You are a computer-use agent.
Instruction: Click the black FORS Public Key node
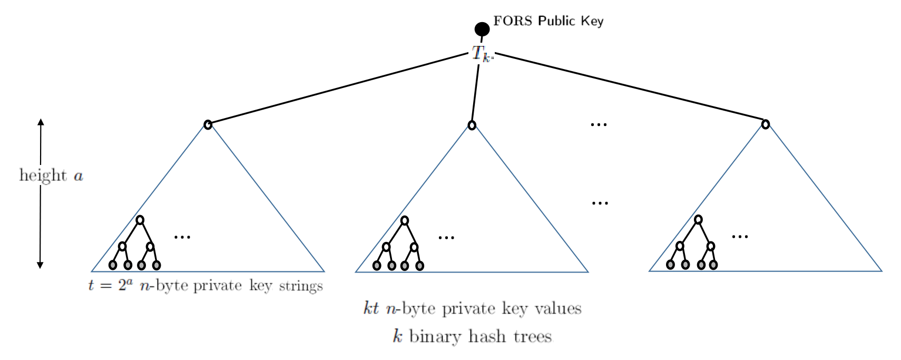click(482, 29)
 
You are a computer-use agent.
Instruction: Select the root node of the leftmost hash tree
click(208, 124)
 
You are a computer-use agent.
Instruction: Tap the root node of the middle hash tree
click(472, 125)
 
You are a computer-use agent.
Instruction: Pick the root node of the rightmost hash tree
click(765, 124)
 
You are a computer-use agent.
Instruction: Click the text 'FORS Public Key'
click(548, 21)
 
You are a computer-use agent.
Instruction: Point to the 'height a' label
click(51, 176)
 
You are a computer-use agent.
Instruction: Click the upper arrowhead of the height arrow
click(41, 122)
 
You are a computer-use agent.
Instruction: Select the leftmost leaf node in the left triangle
click(112, 265)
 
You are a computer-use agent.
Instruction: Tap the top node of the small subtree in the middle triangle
click(404, 220)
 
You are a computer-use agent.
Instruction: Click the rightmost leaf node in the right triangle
click(713, 265)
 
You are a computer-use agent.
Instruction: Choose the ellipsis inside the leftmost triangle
click(182, 237)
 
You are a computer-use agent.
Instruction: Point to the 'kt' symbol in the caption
click(371, 308)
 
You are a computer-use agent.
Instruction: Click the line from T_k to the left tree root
click(337, 89)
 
